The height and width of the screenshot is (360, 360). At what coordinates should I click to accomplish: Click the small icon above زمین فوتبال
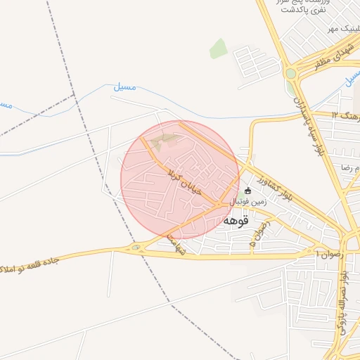[247, 191]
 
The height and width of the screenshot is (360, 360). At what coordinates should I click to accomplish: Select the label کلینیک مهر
[340, 30]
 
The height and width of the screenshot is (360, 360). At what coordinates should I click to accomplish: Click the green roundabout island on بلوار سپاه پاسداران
[290, 73]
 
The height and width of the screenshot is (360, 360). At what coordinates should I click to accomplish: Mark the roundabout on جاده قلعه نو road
[136, 247]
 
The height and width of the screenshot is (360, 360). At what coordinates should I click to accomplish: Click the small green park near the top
[218, 49]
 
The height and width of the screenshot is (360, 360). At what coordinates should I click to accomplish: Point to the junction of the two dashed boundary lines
[73, 94]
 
